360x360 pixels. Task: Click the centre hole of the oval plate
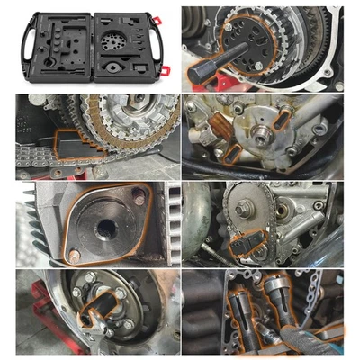[x=105, y=223]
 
